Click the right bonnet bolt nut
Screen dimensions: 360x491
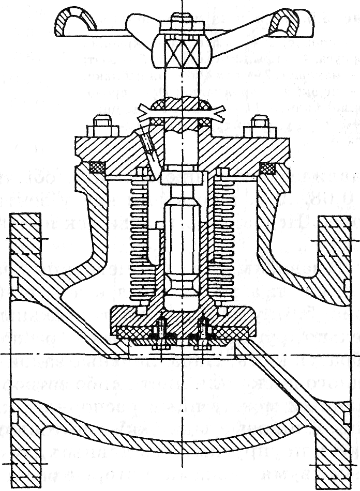262,129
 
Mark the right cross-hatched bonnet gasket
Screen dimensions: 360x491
267,168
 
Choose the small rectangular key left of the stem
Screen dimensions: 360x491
157,238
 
